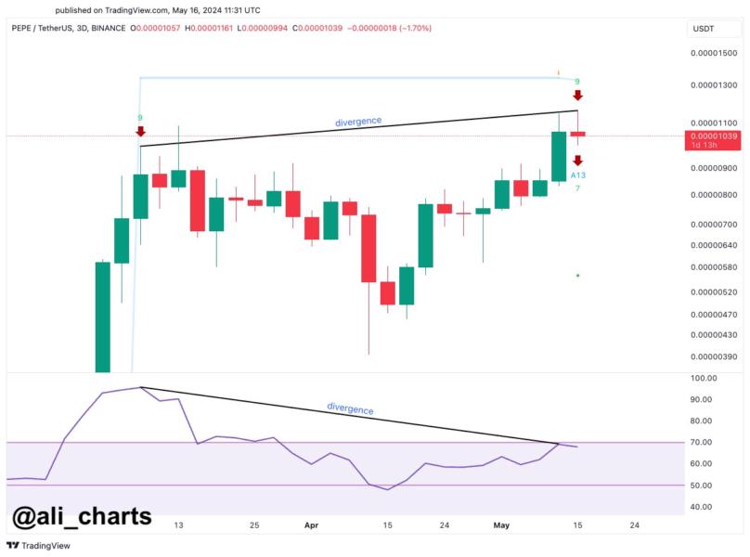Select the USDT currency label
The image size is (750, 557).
[703, 29]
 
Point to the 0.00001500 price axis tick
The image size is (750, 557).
[714, 53]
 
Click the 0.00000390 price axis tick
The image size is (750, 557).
[714, 356]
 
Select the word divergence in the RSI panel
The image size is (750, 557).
[350, 408]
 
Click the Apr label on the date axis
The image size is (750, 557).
[311, 525]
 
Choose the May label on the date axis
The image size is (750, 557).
[502, 525]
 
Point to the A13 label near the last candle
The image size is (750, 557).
[577, 175]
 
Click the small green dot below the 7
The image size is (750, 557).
[577, 276]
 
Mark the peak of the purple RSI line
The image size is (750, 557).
[140, 387]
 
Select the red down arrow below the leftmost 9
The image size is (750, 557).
[140, 132]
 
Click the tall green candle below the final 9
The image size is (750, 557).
[559, 156]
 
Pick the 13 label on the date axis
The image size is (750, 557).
[178, 525]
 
